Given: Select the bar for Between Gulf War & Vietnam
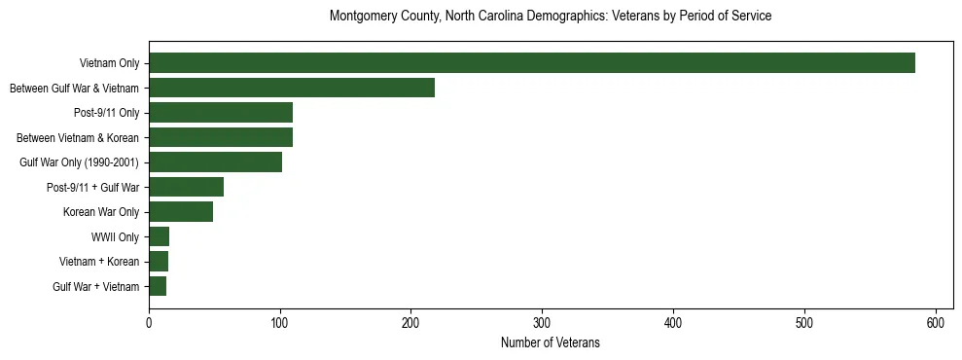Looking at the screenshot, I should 292,88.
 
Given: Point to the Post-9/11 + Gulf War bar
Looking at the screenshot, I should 186,187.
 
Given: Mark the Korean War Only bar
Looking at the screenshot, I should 181,212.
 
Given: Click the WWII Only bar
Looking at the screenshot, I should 159,236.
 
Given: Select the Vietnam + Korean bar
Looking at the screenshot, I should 159,262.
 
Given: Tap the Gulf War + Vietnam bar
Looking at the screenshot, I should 158,286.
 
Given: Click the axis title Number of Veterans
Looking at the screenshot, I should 550,343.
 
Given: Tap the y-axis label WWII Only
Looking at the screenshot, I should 115,236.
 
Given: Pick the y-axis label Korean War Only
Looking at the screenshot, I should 101,212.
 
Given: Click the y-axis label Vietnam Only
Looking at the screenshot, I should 109,63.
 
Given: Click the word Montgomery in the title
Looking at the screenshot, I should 361,17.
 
